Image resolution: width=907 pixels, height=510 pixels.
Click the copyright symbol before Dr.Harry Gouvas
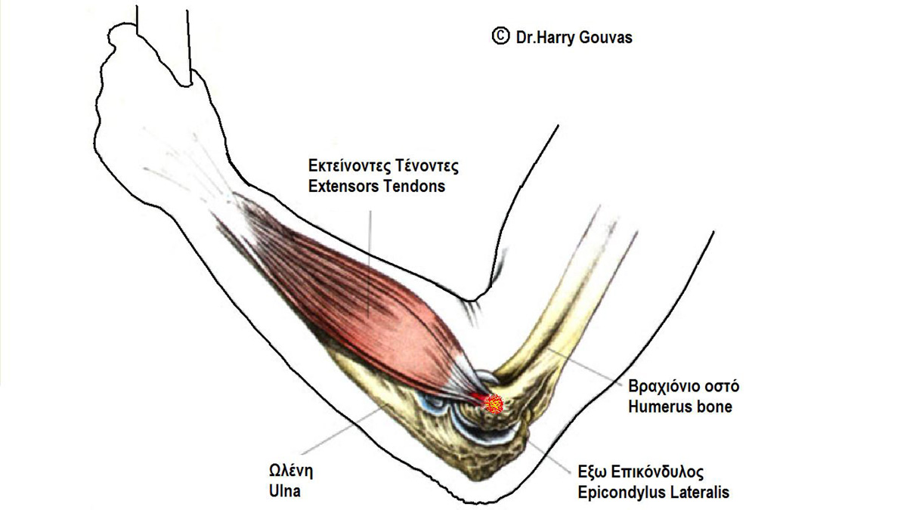500,36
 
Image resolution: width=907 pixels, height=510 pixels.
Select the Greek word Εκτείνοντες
349,166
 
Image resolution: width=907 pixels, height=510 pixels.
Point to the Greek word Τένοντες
427,166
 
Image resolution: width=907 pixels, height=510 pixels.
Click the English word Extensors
343,186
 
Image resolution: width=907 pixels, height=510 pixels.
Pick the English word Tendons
414,186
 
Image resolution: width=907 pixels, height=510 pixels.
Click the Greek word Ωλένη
291,471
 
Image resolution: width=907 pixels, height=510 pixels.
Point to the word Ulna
285,491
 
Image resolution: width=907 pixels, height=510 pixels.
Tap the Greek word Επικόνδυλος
657,472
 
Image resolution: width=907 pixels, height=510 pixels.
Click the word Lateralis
700,492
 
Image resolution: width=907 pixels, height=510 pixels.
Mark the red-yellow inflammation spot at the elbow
494,404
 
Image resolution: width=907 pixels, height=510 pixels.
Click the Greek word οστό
721,386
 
